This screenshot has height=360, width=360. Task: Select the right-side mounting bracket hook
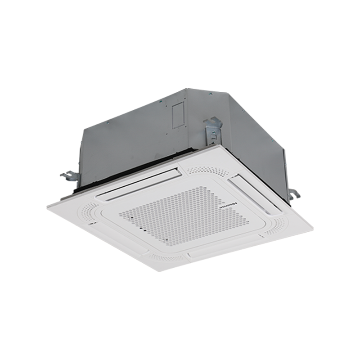point(293,194)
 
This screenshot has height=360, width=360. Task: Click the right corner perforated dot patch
point(275,226)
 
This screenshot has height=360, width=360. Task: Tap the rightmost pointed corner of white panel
point(312,229)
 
